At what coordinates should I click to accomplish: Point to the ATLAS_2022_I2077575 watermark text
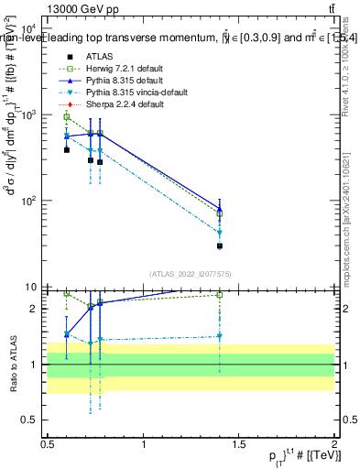tap(190, 274)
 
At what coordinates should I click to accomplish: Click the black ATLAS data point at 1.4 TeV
tap(220, 245)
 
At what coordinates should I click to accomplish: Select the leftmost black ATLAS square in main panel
tap(66, 149)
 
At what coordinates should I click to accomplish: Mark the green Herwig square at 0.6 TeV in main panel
tap(66, 117)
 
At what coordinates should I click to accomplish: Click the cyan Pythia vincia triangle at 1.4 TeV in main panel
tap(220, 233)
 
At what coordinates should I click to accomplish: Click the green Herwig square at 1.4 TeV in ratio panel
tap(220, 295)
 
